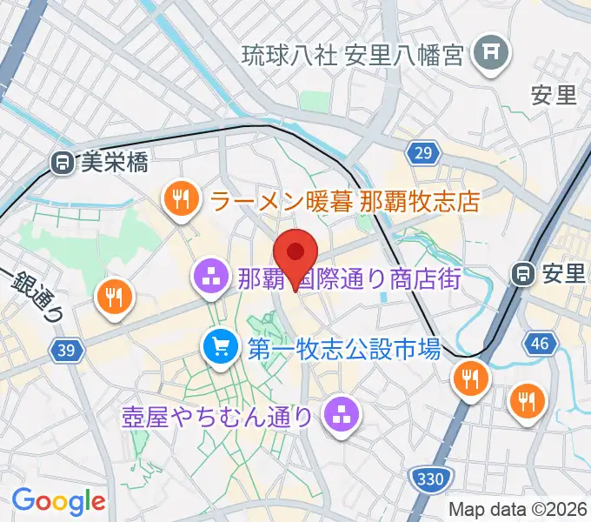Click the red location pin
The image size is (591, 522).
pos(295,253)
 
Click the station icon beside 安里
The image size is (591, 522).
pos(525,274)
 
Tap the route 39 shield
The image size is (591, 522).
pos(63,349)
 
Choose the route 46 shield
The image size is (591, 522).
pos(539,344)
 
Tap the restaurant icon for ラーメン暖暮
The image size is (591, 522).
pos(180,201)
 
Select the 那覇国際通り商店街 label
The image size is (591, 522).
pos(349,279)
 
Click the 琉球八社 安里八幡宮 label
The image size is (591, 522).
pos(352,54)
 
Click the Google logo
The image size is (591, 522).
pos(57,500)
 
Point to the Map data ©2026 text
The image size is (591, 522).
pos(518,509)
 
